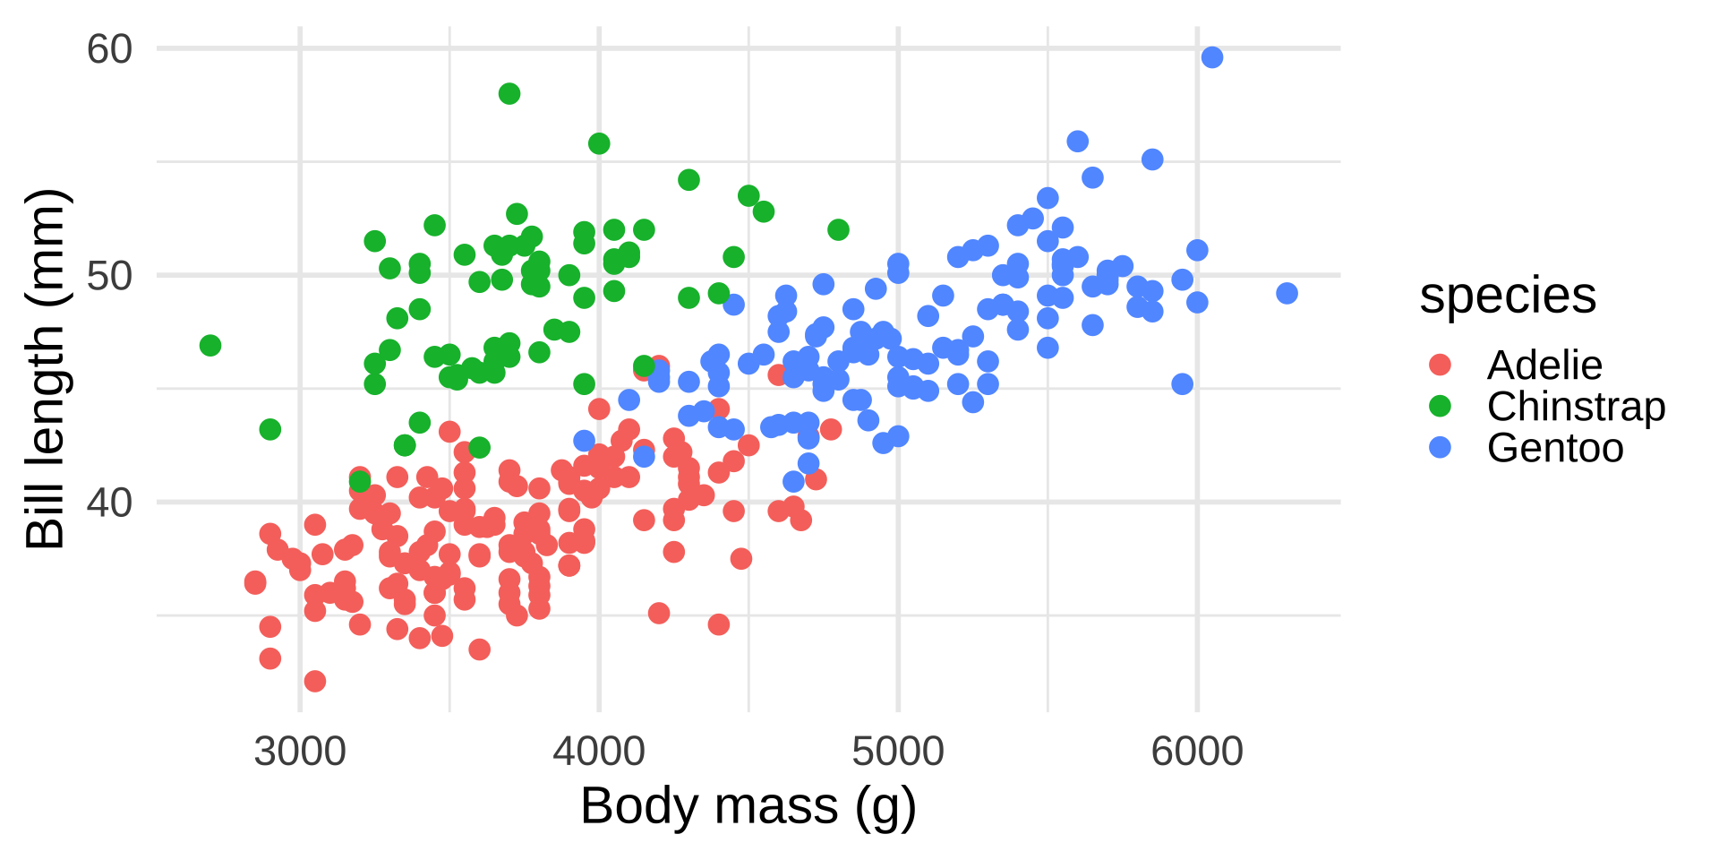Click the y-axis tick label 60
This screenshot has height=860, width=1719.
109,49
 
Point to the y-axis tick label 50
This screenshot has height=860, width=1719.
109,276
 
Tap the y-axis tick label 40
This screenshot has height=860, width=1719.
109,503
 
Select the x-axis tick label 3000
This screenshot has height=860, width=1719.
300,751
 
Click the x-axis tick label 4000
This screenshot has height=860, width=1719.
599,751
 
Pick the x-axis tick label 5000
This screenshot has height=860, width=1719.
898,751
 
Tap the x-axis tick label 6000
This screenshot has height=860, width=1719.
1197,751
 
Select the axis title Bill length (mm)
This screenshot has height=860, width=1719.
45,369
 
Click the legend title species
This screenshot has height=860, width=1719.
1508,296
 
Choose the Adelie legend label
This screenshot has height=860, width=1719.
1544,365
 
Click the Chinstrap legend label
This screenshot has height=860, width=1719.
1576,407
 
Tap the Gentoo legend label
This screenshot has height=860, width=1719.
1555,448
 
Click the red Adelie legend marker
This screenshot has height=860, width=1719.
1440,365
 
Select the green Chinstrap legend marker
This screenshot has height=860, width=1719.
1440,406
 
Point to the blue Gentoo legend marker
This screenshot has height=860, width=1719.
1440,447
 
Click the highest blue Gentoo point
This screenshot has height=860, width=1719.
1212,57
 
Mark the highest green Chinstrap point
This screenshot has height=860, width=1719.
509,94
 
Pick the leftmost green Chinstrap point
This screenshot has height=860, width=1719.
210,346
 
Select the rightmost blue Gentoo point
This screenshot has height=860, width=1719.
1287,293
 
